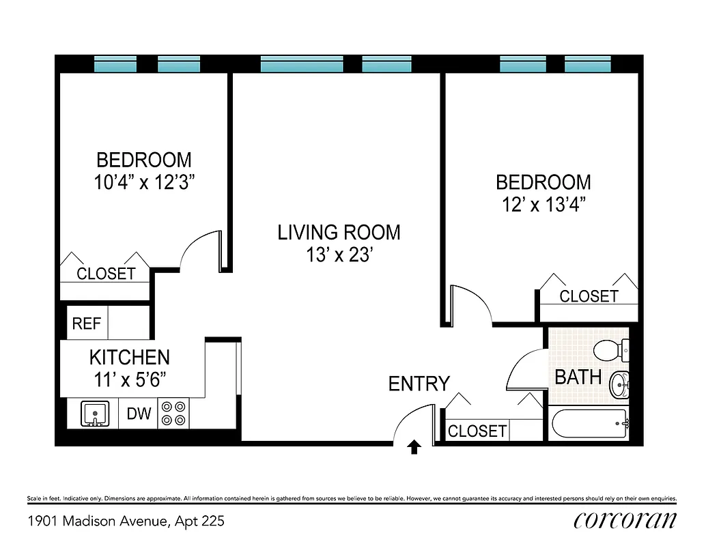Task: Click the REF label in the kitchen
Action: (x=86, y=324)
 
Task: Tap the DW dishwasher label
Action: (x=139, y=414)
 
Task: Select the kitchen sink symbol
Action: (x=94, y=414)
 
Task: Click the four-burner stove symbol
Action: (x=173, y=414)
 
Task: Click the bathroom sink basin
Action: (x=618, y=386)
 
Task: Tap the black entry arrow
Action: (x=414, y=447)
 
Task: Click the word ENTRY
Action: (x=419, y=384)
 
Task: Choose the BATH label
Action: (x=578, y=377)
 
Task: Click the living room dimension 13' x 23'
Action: (x=339, y=255)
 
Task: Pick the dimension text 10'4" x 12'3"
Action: (x=144, y=183)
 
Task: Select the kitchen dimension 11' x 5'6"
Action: (x=129, y=379)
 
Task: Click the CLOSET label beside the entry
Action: (x=477, y=431)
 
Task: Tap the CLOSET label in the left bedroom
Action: (x=106, y=274)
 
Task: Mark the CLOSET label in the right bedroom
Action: (x=589, y=296)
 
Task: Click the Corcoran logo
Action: (x=625, y=520)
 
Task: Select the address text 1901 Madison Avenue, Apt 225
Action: (x=126, y=521)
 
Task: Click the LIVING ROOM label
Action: (x=339, y=232)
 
